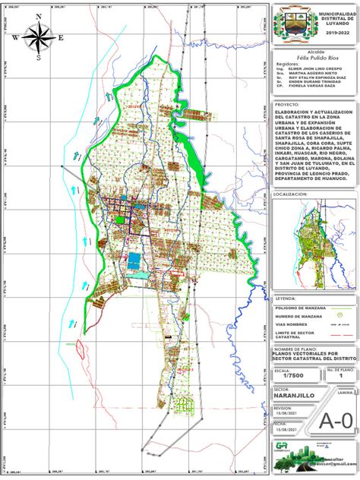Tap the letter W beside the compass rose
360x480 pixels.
[15, 37]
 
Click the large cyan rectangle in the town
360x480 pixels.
[134, 261]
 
